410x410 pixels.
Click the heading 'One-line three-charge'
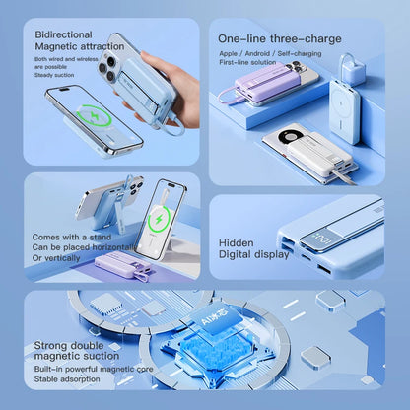(280, 38)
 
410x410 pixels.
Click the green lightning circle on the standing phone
(160, 217)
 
